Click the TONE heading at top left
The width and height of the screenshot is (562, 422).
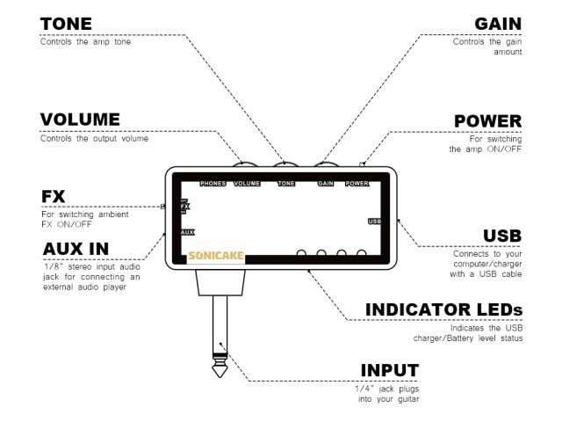pos(66,24)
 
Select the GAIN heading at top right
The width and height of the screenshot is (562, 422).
pos(498,24)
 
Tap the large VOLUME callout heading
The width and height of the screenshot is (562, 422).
pos(80,120)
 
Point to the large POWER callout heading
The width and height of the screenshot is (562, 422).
pos(487,120)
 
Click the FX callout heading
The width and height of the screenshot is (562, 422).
pos(54,195)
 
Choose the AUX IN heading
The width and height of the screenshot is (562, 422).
pos(76,249)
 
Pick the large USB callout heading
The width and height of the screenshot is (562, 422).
pos(501,236)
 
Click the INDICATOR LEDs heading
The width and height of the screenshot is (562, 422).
pos(443,309)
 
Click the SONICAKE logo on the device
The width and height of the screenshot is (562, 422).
pos(216,257)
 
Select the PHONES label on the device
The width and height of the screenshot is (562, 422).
pos(213,184)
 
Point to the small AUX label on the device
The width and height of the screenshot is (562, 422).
pos(187,232)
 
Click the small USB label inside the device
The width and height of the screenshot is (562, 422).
pos(374,221)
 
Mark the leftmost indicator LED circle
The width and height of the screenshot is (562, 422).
pos(301,256)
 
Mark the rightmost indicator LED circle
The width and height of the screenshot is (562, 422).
pos(361,256)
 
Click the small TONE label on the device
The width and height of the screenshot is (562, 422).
pos(286,184)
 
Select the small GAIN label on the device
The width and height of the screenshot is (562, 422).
pos(326,184)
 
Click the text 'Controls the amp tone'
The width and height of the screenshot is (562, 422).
pos(85,41)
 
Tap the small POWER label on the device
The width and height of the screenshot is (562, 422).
pos(357,184)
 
